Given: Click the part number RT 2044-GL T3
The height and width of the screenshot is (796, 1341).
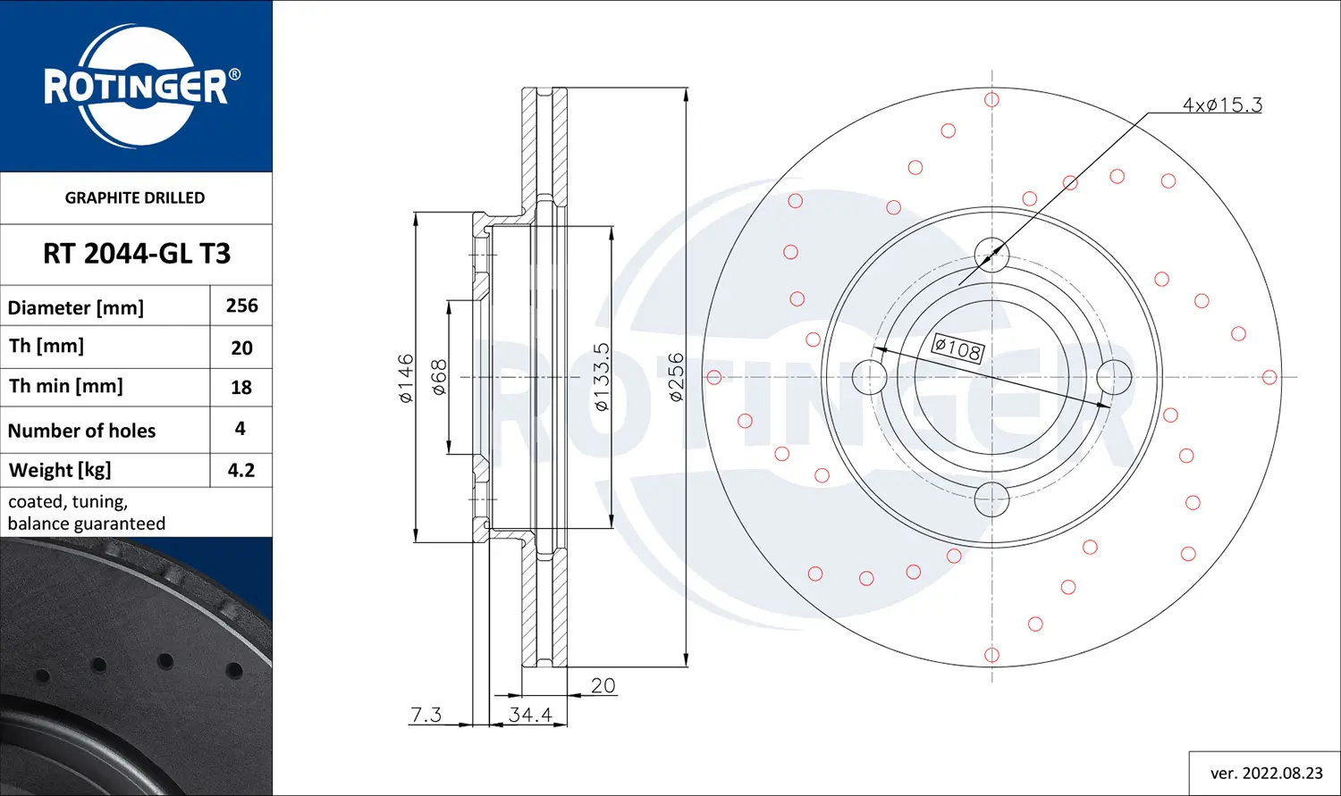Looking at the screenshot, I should click(x=137, y=254).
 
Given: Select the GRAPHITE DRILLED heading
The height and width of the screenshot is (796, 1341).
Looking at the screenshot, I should click(x=135, y=197).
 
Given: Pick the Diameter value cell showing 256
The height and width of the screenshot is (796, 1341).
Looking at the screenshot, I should click(x=241, y=306).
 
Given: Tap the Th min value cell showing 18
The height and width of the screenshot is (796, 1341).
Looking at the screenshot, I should click(x=241, y=387).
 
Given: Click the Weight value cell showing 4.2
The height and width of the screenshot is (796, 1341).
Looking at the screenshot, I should click(x=241, y=470).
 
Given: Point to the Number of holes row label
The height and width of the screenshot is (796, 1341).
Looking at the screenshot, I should click(x=81, y=431).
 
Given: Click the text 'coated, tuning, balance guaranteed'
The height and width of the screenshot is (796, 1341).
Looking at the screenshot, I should click(x=86, y=513).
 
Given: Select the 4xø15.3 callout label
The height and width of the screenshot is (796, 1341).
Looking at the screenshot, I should click(x=1221, y=105).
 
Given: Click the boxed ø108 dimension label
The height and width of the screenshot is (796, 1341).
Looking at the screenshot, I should click(x=957, y=348).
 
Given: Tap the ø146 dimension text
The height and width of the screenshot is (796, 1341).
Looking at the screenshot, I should click(x=406, y=378).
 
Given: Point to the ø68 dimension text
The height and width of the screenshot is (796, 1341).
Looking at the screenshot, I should click(x=439, y=378).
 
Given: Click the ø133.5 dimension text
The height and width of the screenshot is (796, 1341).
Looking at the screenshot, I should click(x=602, y=377).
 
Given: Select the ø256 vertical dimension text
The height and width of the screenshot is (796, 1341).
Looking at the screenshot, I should click(x=676, y=377).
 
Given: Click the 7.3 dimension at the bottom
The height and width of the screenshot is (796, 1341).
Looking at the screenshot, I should click(x=426, y=715).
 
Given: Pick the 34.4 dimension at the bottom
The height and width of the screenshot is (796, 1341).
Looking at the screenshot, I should click(x=530, y=715).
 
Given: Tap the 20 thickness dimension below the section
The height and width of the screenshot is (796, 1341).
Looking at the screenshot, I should click(x=603, y=685).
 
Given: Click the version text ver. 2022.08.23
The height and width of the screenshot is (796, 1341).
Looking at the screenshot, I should click(x=1266, y=773).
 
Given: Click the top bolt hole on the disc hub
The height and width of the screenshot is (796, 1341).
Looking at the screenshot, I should click(x=991, y=255).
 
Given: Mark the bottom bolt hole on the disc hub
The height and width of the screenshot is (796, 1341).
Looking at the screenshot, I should click(x=991, y=499).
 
